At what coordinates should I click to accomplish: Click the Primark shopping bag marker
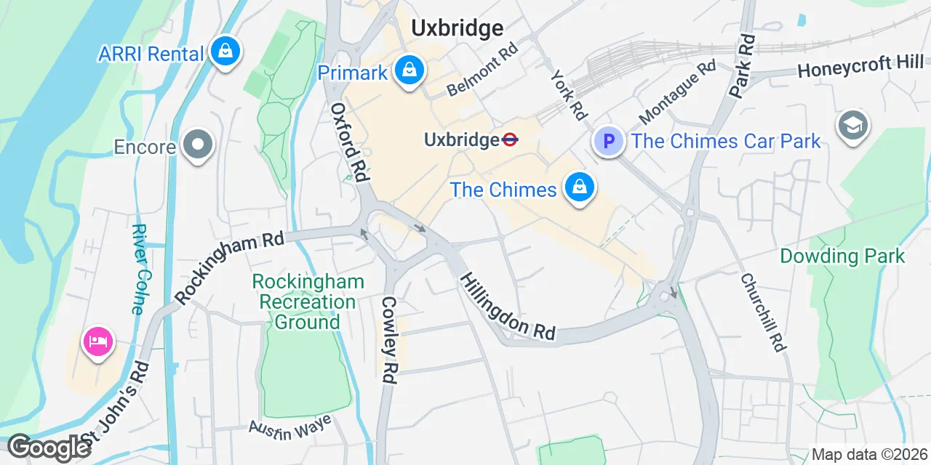point(410,71)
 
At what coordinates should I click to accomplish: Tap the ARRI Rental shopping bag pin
point(225,52)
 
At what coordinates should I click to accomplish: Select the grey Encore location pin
point(197,145)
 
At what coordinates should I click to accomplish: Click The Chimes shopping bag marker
point(579,188)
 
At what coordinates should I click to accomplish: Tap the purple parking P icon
point(609,141)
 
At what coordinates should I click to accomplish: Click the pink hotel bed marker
point(98,341)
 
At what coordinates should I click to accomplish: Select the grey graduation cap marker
point(852,126)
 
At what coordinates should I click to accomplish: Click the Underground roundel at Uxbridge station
point(510,139)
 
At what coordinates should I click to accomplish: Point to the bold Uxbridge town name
point(457,28)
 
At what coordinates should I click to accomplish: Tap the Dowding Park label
point(842,256)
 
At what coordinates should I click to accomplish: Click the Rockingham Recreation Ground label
point(308,302)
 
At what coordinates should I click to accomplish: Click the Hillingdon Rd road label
point(508,306)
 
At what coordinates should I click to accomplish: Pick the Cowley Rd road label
point(389,339)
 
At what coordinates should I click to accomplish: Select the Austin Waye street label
point(290,427)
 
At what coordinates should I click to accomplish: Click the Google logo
point(49,447)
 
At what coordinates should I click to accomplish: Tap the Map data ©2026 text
point(869,455)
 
